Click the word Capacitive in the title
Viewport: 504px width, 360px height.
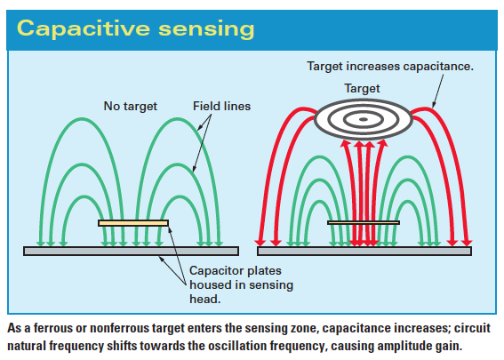84,29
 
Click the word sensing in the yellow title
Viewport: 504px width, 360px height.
206,29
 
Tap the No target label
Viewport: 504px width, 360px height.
130,107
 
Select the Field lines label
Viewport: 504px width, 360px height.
221,106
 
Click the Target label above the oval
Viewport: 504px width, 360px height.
362,88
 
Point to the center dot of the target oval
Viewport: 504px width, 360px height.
364,119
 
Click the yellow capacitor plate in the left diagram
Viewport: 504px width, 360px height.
133,223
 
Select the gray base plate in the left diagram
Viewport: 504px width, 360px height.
132,251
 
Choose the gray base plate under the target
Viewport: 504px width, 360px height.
364,251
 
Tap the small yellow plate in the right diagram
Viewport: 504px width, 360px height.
364,222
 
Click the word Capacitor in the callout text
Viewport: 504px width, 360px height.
213,270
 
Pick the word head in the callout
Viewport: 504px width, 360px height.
204,299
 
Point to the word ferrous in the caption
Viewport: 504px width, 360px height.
52,328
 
